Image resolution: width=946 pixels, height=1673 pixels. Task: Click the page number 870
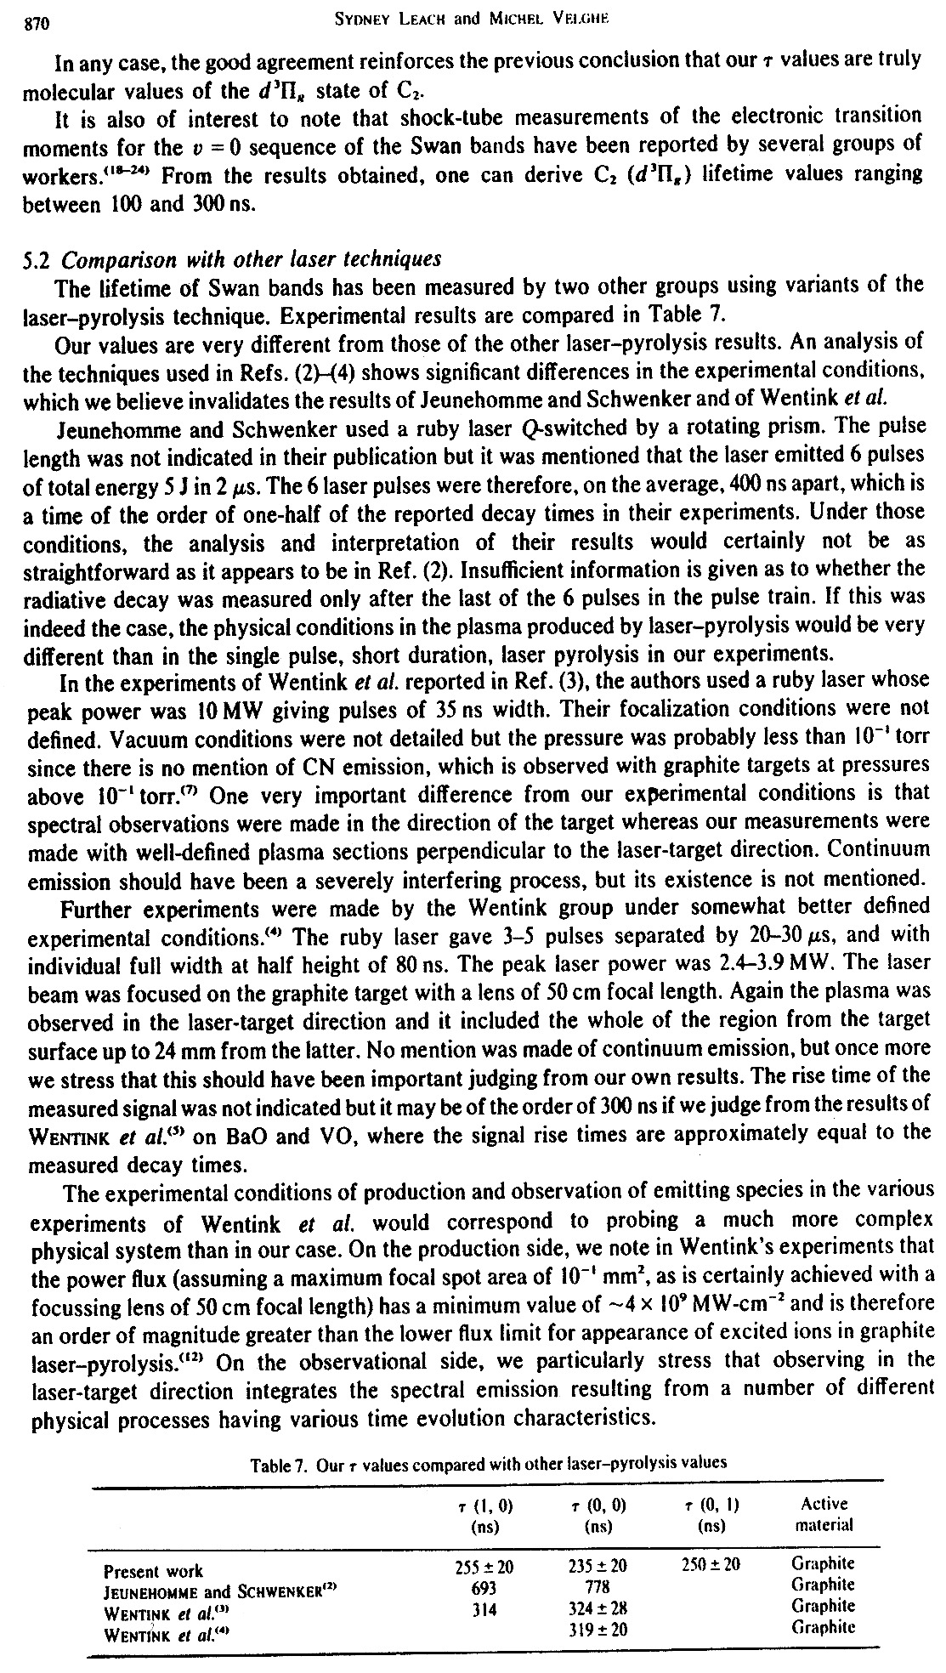pyautogui.click(x=37, y=24)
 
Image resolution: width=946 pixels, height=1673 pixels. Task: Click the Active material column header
pyautogui.click(x=824, y=1513)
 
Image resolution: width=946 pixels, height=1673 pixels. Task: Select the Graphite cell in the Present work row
pyautogui.click(x=823, y=1563)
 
